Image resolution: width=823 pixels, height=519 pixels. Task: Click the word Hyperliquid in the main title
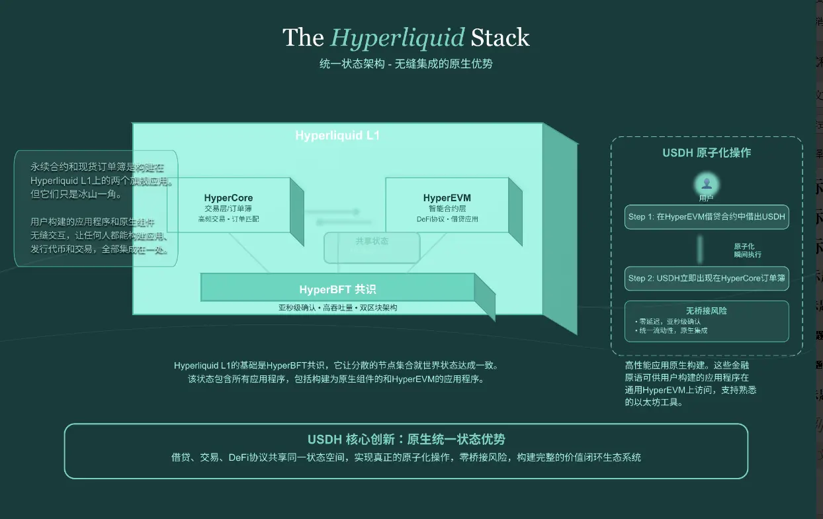click(398, 38)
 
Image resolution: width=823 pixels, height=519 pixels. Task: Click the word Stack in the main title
click(500, 38)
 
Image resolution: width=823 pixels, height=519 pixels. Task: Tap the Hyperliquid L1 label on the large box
click(337, 136)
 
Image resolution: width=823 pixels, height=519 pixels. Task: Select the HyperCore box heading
click(228, 198)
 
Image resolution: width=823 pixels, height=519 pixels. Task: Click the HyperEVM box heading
click(447, 198)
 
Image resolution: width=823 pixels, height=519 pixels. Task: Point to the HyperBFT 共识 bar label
click(338, 289)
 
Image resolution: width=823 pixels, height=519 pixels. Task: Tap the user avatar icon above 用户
click(707, 183)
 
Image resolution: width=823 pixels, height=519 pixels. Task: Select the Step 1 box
click(707, 216)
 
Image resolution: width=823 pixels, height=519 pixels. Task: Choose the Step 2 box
click(707, 279)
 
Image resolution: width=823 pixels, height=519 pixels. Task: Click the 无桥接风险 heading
click(707, 310)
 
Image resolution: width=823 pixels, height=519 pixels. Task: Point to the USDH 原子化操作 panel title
click(707, 153)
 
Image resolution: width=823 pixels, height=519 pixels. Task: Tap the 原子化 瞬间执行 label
click(747, 250)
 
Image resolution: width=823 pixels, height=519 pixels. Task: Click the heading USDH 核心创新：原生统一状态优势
click(406, 440)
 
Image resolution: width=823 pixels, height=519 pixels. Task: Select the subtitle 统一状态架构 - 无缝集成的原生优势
click(406, 64)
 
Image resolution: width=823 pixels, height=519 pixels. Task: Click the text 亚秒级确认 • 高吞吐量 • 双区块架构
click(338, 308)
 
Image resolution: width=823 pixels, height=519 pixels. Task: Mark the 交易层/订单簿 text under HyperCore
click(228, 209)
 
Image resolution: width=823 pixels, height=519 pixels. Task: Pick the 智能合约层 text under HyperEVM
click(447, 209)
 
